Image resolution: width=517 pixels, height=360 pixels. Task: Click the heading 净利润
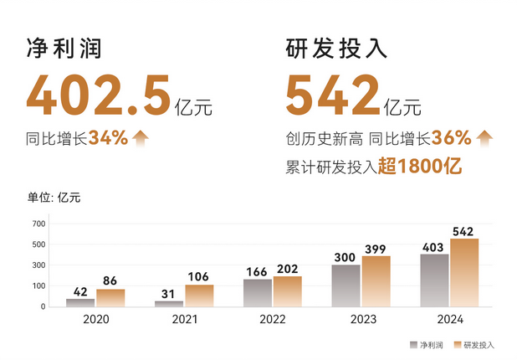pyautogui.click(x=64, y=49)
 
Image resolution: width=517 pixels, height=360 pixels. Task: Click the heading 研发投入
pyautogui.click(x=336, y=49)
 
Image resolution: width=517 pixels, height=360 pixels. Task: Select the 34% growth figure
pyautogui.click(x=108, y=138)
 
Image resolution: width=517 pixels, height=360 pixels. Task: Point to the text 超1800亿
pyautogui.click(x=419, y=166)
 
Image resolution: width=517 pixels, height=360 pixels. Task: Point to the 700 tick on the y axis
pyautogui.click(x=38, y=224)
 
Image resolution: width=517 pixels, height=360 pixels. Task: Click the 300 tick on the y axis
pyautogui.click(x=38, y=265)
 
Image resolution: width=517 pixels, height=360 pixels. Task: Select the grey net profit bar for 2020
pyautogui.click(x=81, y=302)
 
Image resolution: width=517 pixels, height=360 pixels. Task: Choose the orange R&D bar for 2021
pyautogui.click(x=199, y=296)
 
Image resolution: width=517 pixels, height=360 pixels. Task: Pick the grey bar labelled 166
pyautogui.click(x=258, y=292)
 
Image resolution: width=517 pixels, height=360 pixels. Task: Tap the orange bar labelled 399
pyautogui.click(x=376, y=280)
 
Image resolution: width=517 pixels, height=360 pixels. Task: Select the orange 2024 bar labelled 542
pyautogui.click(x=464, y=272)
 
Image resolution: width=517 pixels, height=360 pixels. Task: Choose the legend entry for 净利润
pyautogui.click(x=425, y=344)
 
